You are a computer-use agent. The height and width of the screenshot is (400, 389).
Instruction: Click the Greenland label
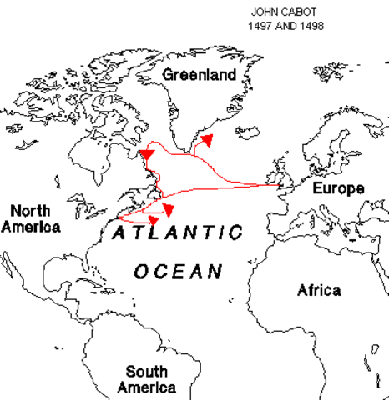coord(200,74)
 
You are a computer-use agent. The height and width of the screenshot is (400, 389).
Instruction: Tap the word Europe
coord(338,188)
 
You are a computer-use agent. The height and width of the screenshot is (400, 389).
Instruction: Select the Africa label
coord(319,290)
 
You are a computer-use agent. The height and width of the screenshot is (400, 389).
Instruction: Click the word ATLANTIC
coord(178,232)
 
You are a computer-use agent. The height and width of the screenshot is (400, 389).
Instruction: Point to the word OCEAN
coord(179,271)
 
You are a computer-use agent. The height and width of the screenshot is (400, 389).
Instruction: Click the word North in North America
coord(30,211)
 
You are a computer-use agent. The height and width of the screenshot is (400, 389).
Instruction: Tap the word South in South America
coord(146,372)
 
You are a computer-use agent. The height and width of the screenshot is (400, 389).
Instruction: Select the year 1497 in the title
coord(260,26)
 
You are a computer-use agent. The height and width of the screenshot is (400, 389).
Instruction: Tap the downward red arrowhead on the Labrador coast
coord(147,155)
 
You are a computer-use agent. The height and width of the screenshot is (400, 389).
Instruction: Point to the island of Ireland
coord(270,181)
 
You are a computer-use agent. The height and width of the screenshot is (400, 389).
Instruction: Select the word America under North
coord(30,227)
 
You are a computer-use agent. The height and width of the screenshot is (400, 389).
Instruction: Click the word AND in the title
coord(285,26)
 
